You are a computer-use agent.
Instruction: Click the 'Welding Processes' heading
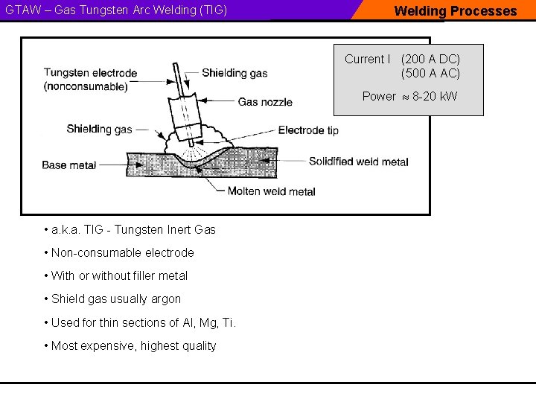pos(455,10)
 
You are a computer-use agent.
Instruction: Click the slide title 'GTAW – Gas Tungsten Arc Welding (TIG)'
pos(116,10)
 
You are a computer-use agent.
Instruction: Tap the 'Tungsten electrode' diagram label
pos(90,73)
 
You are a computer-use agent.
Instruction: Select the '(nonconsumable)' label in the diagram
pos(86,86)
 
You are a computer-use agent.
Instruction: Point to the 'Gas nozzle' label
pos(265,102)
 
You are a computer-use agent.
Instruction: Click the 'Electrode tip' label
pos(308,130)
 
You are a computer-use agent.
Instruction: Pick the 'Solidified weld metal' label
pos(358,162)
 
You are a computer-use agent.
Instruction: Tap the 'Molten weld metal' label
pos(271,191)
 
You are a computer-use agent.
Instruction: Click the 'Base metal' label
pos(69,165)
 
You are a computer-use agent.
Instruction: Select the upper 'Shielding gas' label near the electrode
pos(234,73)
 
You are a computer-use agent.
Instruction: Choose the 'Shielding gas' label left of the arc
pos(99,129)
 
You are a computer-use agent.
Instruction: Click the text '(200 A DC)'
pos(430,59)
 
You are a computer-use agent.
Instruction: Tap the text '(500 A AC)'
pos(430,73)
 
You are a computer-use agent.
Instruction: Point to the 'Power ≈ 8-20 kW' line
pos(409,96)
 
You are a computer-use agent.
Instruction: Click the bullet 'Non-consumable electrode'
pos(122,253)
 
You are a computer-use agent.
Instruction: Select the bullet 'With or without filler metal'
pos(119,276)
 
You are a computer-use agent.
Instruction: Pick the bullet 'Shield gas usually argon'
pos(115,299)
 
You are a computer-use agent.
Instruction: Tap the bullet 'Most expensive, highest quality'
pos(133,345)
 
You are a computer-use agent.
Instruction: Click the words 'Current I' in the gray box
pos(367,59)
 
